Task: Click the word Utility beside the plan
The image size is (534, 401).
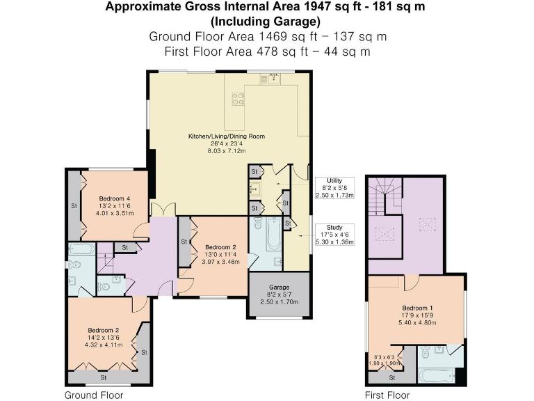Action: (x=334, y=181)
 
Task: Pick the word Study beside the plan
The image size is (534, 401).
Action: (x=334, y=227)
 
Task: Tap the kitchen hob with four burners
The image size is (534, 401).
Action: (x=237, y=98)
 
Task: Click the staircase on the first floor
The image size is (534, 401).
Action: (x=385, y=195)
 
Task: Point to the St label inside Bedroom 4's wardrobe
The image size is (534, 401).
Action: (x=73, y=205)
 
